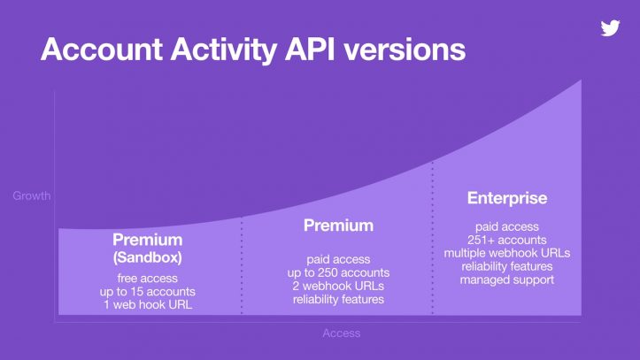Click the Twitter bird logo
tap(610, 27)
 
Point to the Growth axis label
tap(31, 195)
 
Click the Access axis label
tap(341, 333)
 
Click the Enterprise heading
tap(507, 198)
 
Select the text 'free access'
tap(147, 277)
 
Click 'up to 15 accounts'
tap(147, 291)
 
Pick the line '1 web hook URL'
tap(147, 305)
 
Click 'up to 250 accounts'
tap(338, 272)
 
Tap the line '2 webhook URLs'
tap(338, 286)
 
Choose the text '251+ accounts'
tap(507, 240)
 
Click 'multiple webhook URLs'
tap(507, 253)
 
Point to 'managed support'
tap(507, 280)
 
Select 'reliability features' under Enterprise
tap(507, 266)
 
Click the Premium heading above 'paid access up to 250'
tap(338, 226)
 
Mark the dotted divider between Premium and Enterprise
tap(432, 239)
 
